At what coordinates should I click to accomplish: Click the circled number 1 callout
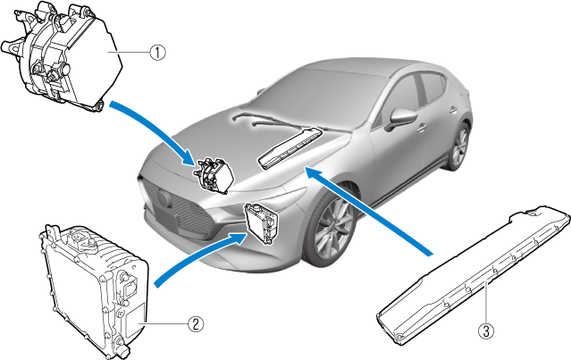[157, 53]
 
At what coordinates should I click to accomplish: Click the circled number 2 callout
[196, 323]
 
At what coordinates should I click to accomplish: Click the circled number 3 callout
[486, 331]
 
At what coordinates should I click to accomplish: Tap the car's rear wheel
[458, 147]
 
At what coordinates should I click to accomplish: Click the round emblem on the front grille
[164, 198]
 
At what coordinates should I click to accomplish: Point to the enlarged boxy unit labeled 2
[94, 290]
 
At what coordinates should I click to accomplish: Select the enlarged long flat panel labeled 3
[474, 275]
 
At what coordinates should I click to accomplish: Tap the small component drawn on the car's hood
[214, 175]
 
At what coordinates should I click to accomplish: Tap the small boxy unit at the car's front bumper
[262, 223]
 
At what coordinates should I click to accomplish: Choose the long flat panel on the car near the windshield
[290, 148]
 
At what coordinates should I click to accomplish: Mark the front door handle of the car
[422, 128]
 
